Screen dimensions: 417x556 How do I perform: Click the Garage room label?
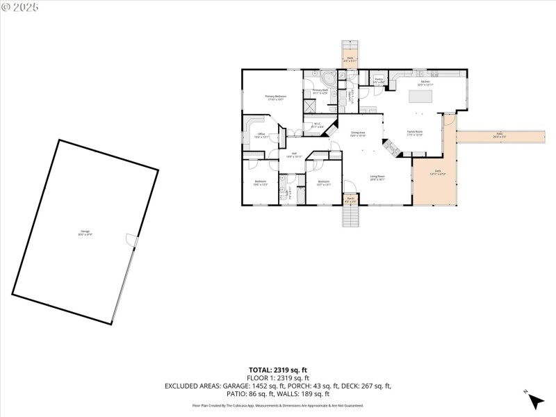(x=85, y=232)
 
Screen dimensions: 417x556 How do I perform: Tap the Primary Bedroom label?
(x=276, y=97)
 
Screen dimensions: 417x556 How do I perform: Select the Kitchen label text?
(x=425, y=83)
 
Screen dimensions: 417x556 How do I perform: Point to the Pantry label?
(x=379, y=80)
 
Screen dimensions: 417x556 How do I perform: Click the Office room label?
(x=261, y=136)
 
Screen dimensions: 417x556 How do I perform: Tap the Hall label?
(x=294, y=154)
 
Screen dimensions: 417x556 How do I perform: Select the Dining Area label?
(x=358, y=133)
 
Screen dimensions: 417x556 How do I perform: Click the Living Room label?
(x=377, y=177)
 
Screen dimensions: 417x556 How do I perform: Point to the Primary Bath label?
(x=320, y=91)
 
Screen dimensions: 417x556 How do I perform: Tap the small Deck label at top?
(x=350, y=59)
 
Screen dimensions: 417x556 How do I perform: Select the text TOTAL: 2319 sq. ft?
(x=278, y=370)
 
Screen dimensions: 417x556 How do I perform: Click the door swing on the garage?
(x=131, y=239)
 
